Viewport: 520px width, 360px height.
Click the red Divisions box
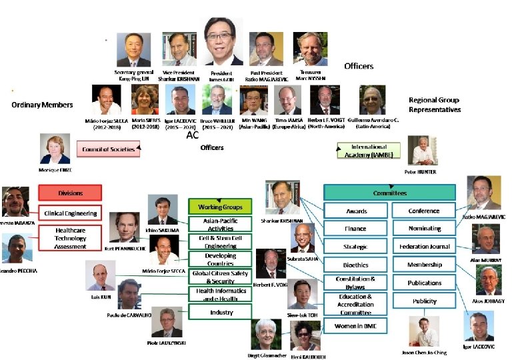coord(69,193)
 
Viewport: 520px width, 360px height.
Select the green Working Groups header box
coord(220,206)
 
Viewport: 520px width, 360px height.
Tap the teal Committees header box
coord(389,193)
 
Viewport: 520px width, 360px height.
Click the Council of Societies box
coord(108,149)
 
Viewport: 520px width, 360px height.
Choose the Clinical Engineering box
coord(69,213)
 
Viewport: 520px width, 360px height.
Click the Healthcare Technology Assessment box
coord(69,237)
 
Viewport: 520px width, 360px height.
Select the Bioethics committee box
coord(356,265)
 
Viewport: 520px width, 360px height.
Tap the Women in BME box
coord(356,326)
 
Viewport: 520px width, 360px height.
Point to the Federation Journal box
coord(425,247)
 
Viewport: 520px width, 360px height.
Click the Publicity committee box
coord(425,301)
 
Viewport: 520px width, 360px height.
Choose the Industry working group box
coord(220,311)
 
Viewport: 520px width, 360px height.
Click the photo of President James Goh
coord(223,42)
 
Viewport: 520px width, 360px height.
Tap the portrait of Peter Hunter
coord(422,151)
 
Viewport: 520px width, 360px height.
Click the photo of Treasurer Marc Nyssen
coord(311,49)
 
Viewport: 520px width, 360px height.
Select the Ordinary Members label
coord(41,105)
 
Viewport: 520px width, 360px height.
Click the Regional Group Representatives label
coord(434,105)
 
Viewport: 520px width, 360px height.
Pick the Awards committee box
coord(356,211)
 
